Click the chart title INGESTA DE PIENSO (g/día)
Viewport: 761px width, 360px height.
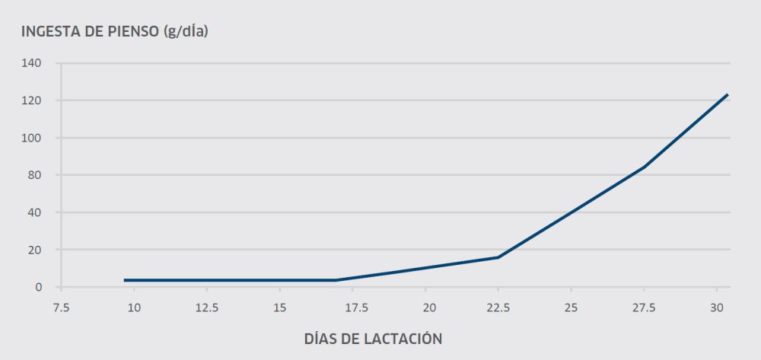(x=115, y=32)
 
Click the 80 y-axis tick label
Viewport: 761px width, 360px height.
(x=34, y=175)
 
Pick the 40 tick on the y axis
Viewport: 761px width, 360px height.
(x=34, y=212)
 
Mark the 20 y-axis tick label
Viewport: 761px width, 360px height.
(x=34, y=250)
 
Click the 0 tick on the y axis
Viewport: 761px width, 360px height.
(x=37, y=287)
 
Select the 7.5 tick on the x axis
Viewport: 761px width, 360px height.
(x=62, y=307)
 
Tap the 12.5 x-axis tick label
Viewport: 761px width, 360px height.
(x=207, y=307)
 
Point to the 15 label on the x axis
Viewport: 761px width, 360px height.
(x=280, y=307)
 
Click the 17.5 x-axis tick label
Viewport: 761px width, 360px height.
(x=352, y=307)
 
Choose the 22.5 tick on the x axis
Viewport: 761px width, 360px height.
(x=498, y=307)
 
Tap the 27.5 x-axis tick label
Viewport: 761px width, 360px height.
(x=644, y=307)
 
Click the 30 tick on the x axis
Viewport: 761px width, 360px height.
(x=716, y=307)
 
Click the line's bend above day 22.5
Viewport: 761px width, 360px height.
(x=498, y=257)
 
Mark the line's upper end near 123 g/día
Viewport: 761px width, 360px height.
(x=728, y=94)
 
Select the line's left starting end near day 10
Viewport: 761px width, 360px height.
(x=125, y=280)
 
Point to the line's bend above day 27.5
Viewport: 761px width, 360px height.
(x=645, y=167)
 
